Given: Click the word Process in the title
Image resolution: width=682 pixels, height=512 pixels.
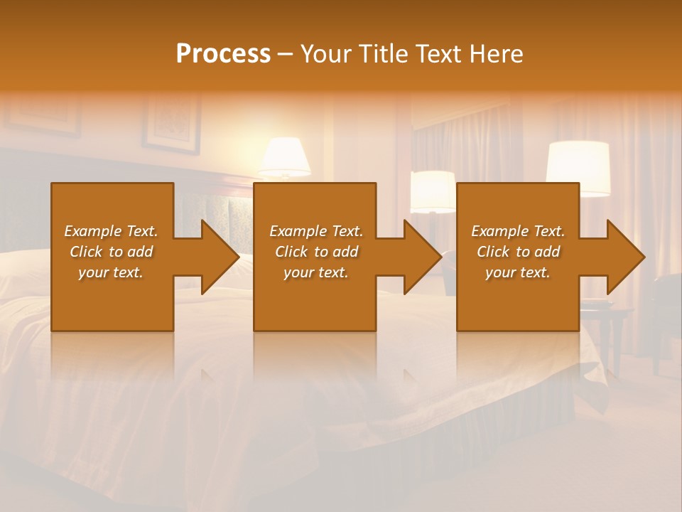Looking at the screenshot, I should click(x=223, y=53).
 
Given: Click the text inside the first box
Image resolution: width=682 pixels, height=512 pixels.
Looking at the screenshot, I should click(x=111, y=252).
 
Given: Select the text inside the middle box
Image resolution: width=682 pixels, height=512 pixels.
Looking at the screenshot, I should click(x=316, y=252).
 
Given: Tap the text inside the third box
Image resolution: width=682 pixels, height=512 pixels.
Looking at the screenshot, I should click(x=518, y=252).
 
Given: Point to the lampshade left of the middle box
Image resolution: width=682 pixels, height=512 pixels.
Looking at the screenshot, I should click(x=284, y=156).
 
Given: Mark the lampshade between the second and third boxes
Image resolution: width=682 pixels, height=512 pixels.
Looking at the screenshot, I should click(x=432, y=191).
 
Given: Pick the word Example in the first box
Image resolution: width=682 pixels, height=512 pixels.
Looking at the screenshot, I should click(x=93, y=231).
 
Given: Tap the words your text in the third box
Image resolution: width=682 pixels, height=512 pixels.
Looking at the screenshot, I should click(x=518, y=272).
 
